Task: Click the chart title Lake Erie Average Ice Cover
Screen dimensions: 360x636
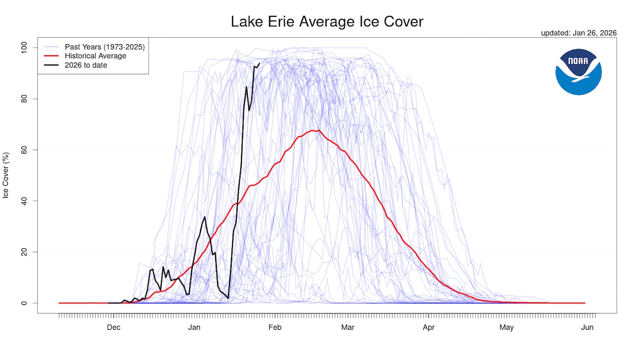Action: [x=327, y=22]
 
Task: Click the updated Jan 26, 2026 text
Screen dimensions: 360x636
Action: [x=578, y=33]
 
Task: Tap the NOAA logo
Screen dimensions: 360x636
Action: [x=578, y=72]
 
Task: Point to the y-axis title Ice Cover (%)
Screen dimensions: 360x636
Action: [x=6, y=175]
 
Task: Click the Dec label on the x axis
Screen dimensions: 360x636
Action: [x=114, y=327]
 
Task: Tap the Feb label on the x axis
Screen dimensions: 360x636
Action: [x=275, y=327]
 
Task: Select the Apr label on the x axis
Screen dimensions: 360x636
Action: [x=428, y=327]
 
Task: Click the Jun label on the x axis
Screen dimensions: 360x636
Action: [x=587, y=327]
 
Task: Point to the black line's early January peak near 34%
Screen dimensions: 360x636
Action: [x=205, y=216]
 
